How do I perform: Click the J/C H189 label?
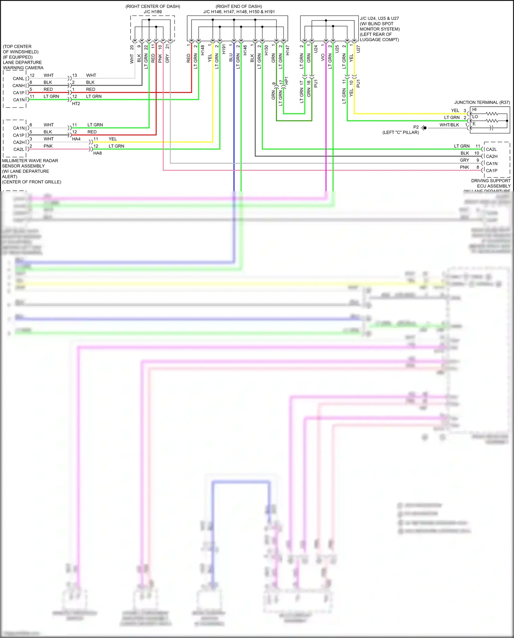(152, 12)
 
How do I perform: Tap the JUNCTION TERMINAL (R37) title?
(482, 103)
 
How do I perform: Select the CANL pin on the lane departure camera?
(19, 79)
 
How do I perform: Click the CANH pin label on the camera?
(19, 86)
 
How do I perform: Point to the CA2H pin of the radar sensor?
(19, 142)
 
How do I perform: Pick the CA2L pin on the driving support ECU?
(491, 149)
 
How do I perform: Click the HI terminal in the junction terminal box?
(474, 110)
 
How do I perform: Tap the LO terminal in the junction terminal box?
(475, 117)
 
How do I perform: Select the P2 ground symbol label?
(416, 127)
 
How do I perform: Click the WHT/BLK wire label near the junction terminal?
(449, 125)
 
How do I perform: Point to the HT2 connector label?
(76, 104)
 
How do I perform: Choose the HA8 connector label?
(97, 153)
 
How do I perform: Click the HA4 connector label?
(76, 139)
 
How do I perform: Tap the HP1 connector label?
(287, 81)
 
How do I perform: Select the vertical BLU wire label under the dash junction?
(231, 58)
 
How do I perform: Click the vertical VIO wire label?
(323, 58)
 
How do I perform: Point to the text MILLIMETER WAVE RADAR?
(30, 161)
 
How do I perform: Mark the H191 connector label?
(224, 49)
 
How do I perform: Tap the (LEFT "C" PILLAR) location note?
(401, 132)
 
